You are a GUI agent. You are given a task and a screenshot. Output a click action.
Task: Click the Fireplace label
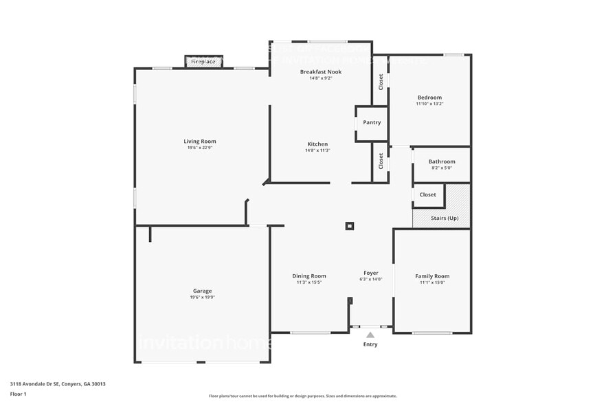[203, 62]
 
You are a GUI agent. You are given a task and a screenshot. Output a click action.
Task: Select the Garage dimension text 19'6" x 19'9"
[202, 298]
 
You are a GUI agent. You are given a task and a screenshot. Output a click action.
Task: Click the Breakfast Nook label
[320, 71]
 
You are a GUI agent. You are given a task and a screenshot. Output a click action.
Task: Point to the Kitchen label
[317, 144]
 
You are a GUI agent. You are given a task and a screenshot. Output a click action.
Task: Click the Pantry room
[372, 123]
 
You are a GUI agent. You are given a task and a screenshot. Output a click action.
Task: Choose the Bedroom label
[429, 98]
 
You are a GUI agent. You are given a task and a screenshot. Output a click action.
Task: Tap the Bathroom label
[442, 161]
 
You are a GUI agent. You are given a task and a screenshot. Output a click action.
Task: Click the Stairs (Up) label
[444, 218]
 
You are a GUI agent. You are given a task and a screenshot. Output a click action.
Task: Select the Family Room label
[432, 276]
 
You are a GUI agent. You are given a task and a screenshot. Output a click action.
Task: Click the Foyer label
[370, 273]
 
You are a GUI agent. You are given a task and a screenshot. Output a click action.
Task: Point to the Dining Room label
[309, 276]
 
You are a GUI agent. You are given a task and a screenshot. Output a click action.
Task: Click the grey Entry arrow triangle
[370, 335]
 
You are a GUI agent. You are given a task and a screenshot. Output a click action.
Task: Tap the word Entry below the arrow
[370, 344]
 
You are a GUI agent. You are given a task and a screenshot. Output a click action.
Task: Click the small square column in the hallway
[350, 225]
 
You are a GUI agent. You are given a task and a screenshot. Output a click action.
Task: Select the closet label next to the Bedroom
[381, 81]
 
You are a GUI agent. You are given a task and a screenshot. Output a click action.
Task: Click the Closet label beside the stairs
[427, 194]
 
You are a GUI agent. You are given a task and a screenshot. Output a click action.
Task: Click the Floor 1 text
[18, 394]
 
